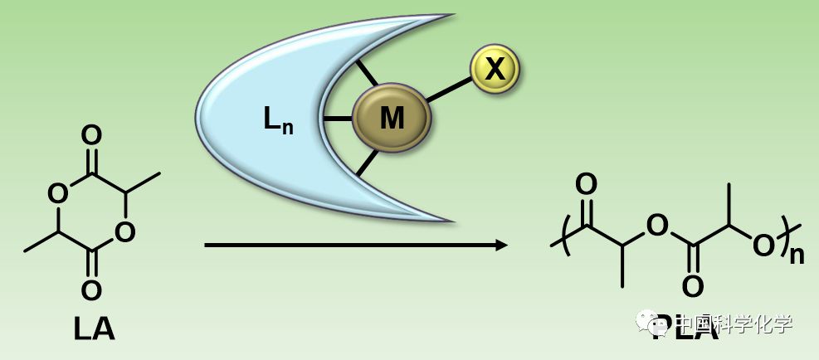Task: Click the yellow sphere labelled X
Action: pyautogui.click(x=495, y=68)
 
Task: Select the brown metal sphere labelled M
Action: pyautogui.click(x=392, y=119)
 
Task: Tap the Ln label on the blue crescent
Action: pyautogui.click(x=278, y=121)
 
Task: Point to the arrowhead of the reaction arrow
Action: pyautogui.click(x=500, y=245)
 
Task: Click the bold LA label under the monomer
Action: pyautogui.click(x=94, y=329)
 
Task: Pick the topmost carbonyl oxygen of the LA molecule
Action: pyautogui.click(x=92, y=135)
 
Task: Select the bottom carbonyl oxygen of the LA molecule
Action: pyautogui.click(x=92, y=290)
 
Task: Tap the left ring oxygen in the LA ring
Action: pyautogui.click(x=57, y=194)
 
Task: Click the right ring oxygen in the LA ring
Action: pyautogui.click(x=125, y=232)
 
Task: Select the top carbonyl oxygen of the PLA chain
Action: pyautogui.click(x=586, y=184)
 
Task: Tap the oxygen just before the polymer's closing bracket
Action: pyautogui.click(x=763, y=245)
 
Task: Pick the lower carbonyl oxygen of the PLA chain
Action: pyautogui.click(x=693, y=286)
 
